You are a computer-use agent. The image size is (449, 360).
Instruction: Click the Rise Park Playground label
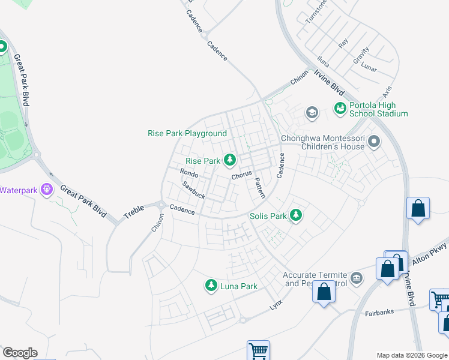pyautogui.click(x=187, y=133)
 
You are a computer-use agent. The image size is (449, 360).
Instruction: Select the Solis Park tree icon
pyautogui.click(x=295, y=215)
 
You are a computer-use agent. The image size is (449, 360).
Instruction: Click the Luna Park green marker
pyautogui.click(x=211, y=286)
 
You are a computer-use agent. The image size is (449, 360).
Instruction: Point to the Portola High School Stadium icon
pyautogui.click(x=340, y=109)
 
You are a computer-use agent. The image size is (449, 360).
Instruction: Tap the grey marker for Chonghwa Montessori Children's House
pyautogui.click(x=374, y=142)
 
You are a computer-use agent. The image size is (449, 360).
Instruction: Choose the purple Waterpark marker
pyautogui.click(x=48, y=190)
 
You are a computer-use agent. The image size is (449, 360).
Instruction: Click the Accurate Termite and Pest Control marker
pyautogui.click(x=357, y=277)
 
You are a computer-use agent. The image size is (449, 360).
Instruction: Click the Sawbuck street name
pyautogui.click(x=194, y=191)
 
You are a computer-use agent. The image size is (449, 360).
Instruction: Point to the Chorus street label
pyautogui.click(x=241, y=176)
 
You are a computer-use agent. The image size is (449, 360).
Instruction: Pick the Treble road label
pyautogui.click(x=134, y=209)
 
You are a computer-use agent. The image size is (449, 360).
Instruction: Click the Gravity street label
pyautogui.click(x=361, y=56)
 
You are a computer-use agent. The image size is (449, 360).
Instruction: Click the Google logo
pyautogui.click(x=20, y=353)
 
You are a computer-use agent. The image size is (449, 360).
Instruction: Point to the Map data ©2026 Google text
pyautogui.click(x=412, y=355)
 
